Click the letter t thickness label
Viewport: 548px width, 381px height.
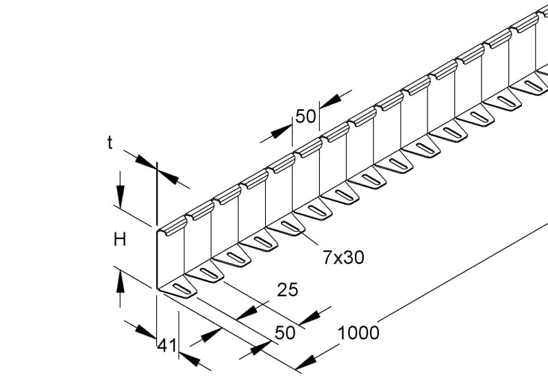click(110, 143)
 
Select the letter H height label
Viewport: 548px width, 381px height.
click(120, 240)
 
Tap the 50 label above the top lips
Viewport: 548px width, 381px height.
click(306, 116)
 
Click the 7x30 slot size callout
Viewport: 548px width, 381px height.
click(343, 258)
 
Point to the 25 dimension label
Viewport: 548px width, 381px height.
click(287, 290)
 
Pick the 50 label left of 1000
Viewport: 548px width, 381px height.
click(285, 332)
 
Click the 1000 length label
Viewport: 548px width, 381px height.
click(358, 333)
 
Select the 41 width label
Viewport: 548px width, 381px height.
click(167, 345)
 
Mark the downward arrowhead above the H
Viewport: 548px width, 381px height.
click(121, 197)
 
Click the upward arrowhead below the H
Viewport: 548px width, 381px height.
click(121, 282)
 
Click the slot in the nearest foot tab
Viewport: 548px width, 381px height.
click(182, 288)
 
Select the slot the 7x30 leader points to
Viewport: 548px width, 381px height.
click(290, 227)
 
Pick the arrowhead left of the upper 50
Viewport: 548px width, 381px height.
click(282, 132)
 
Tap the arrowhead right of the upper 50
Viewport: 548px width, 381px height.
click(331, 101)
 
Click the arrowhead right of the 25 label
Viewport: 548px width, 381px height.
click(310, 317)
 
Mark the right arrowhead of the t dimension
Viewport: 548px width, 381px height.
click(169, 177)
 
